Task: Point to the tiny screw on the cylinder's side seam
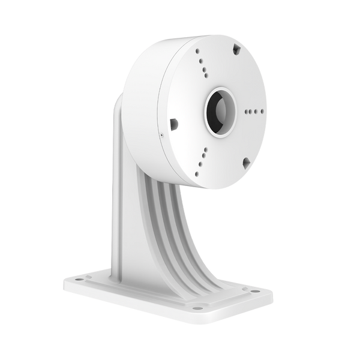[x=161, y=136]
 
